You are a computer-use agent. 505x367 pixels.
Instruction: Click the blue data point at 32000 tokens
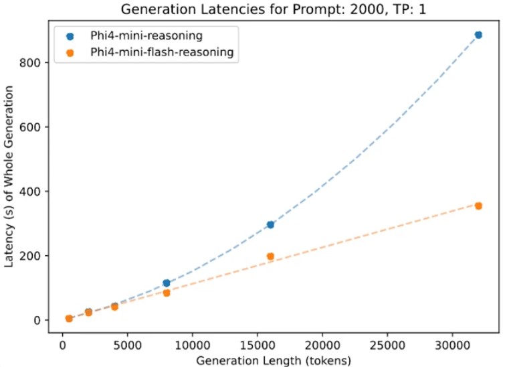478,35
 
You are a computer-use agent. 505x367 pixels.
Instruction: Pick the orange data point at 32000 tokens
478,206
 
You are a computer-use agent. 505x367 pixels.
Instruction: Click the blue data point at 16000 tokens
270,224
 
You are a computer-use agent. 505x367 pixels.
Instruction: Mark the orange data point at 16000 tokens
270,256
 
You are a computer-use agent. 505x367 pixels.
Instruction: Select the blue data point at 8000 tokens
167,283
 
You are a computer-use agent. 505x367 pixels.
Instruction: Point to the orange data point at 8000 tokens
167,293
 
